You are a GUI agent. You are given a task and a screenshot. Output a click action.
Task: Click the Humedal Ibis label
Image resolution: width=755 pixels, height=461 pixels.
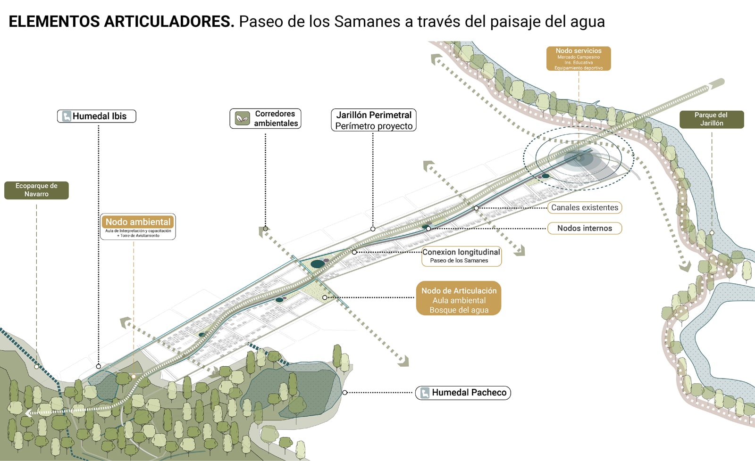[x=97, y=116]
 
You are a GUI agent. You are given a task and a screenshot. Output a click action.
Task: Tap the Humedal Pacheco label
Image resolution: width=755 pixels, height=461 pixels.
[x=463, y=393]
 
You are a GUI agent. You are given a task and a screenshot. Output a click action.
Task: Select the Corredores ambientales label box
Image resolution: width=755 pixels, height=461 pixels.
[x=265, y=118]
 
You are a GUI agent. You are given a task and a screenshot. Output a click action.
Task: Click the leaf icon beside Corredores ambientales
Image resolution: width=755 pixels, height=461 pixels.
[x=243, y=118]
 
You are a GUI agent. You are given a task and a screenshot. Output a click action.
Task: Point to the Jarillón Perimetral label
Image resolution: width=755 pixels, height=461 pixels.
[x=373, y=120]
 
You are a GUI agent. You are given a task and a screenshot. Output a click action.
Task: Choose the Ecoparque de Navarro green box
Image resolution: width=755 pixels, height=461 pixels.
[x=36, y=190]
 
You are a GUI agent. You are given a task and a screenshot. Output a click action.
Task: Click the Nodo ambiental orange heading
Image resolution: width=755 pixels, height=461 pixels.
[x=138, y=222]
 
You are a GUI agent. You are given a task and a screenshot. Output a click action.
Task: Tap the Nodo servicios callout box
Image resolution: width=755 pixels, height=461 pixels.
[x=579, y=58]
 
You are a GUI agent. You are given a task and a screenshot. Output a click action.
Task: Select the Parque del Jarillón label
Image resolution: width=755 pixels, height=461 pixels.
[x=711, y=119]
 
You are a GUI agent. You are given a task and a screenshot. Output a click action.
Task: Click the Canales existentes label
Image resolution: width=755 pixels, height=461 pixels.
[x=585, y=207]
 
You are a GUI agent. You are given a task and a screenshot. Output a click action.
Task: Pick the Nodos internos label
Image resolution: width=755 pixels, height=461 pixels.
[x=584, y=228]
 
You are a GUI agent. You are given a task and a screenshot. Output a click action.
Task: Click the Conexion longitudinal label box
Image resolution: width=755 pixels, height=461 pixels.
[x=461, y=256]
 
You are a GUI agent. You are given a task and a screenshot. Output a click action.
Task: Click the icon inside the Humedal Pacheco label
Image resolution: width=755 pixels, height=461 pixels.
[x=425, y=393]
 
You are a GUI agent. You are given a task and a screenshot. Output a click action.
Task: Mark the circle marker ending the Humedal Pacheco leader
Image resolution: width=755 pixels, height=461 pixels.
[x=345, y=393]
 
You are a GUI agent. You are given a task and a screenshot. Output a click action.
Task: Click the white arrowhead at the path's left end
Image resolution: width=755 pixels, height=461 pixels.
[x=29, y=413]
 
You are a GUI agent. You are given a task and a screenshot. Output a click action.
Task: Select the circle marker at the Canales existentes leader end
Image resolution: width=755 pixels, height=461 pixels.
[x=476, y=208]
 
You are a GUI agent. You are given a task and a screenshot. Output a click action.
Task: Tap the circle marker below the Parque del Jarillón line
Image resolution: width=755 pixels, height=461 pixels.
[x=712, y=233]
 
